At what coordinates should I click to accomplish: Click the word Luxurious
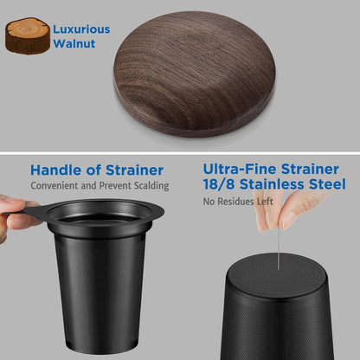click(81, 29)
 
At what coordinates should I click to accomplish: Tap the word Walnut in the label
click(74, 43)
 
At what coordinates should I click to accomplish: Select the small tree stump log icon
click(28, 36)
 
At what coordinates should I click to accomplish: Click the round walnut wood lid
click(195, 74)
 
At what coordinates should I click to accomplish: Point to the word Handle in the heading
click(56, 170)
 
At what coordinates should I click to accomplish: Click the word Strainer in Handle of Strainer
click(135, 170)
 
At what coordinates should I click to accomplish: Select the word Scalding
click(151, 186)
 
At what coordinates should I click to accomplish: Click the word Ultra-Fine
click(240, 169)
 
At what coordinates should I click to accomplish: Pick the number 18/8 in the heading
click(219, 184)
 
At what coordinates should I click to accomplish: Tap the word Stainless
click(272, 184)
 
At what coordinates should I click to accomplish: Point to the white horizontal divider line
click(180, 153)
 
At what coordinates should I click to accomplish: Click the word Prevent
click(112, 185)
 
